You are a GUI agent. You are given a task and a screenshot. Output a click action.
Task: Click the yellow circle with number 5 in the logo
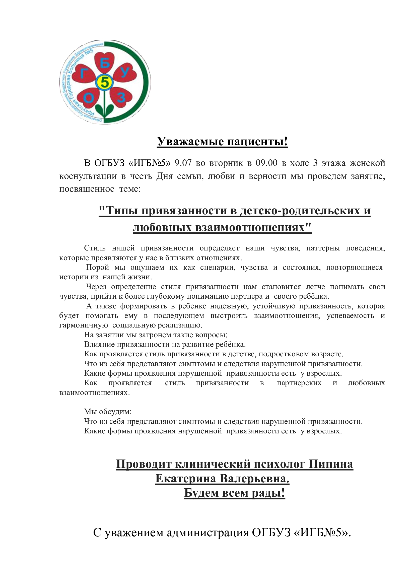tap(104, 83)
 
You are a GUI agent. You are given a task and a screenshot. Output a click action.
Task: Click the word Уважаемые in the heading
tap(190, 141)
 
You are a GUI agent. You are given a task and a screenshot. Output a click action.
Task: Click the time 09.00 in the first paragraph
tap(266, 163)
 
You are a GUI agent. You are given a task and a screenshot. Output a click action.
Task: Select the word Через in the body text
tap(96, 287)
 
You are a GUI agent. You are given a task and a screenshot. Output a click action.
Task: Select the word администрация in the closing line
tap(208, 532)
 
